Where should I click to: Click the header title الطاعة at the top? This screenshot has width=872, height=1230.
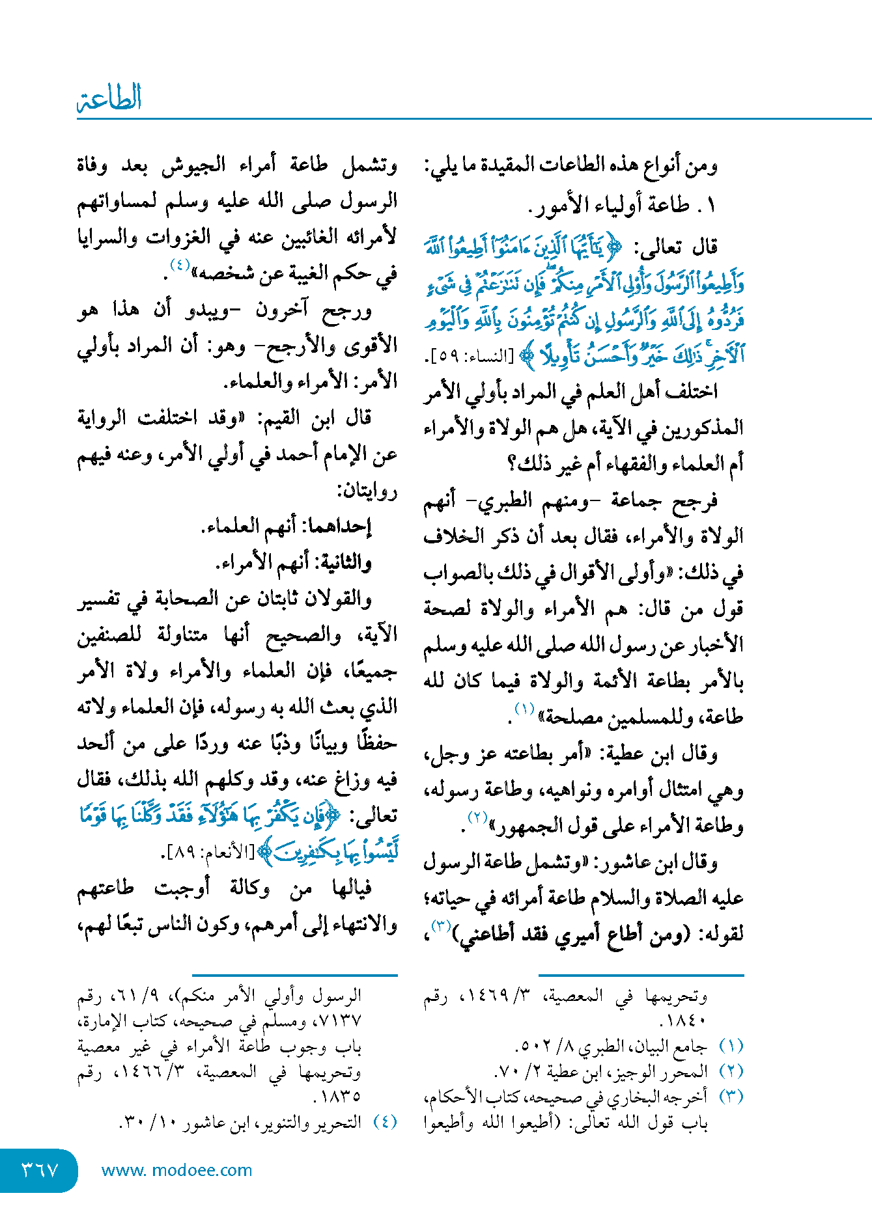click(109, 99)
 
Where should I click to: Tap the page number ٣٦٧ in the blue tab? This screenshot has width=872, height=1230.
click(40, 1170)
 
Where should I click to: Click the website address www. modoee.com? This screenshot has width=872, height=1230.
click(176, 1170)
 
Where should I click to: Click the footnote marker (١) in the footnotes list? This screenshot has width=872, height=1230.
click(731, 1046)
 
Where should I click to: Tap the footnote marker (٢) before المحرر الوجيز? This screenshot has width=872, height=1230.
click(731, 1071)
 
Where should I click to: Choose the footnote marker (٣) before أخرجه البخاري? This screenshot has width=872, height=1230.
click(731, 1097)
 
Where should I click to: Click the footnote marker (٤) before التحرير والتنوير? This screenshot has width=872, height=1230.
click(385, 1122)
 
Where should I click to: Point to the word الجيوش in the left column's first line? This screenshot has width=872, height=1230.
click(193, 165)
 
